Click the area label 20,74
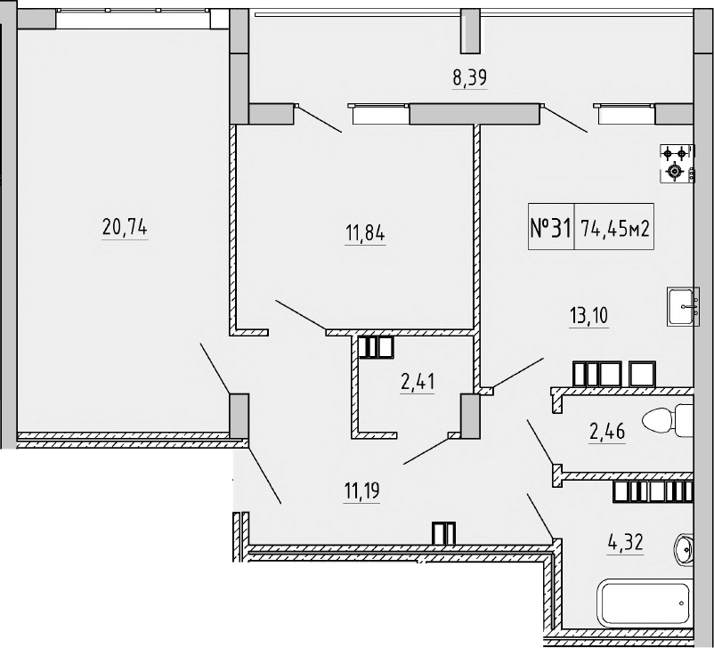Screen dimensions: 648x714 (x=125, y=228)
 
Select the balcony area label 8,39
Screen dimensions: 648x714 (x=470, y=77)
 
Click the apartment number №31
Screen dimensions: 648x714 (x=550, y=228)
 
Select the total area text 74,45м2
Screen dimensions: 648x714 (x=615, y=228)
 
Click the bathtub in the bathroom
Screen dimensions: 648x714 (x=644, y=603)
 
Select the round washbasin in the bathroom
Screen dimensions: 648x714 (x=686, y=550)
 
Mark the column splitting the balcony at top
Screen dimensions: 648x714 (x=470, y=32)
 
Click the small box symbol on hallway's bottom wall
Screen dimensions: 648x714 (x=443, y=533)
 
